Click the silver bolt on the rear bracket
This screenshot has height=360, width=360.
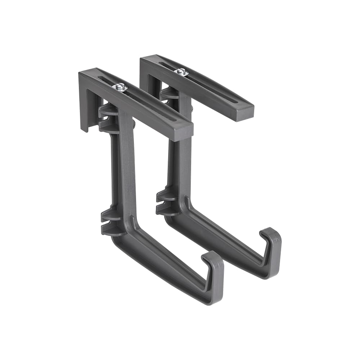(x=181, y=72)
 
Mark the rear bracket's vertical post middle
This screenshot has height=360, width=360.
(x=184, y=151)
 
